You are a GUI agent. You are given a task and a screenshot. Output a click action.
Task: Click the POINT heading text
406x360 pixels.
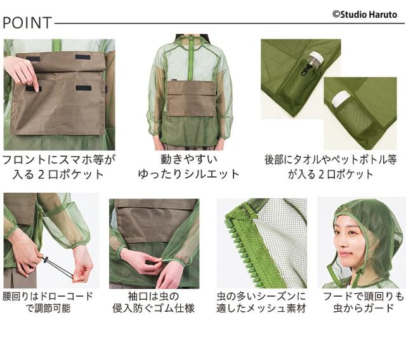[x=27, y=23]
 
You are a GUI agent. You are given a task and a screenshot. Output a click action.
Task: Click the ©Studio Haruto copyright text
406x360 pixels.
[x=364, y=13]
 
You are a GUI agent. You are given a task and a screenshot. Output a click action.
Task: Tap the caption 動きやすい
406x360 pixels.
[x=189, y=158]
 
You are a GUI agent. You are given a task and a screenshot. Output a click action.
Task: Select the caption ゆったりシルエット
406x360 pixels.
[x=189, y=174]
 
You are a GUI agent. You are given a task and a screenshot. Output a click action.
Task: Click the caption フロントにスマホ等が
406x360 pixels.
[x=59, y=158]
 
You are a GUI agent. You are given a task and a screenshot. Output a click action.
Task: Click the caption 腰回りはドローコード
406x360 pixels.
[x=48, y=296]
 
